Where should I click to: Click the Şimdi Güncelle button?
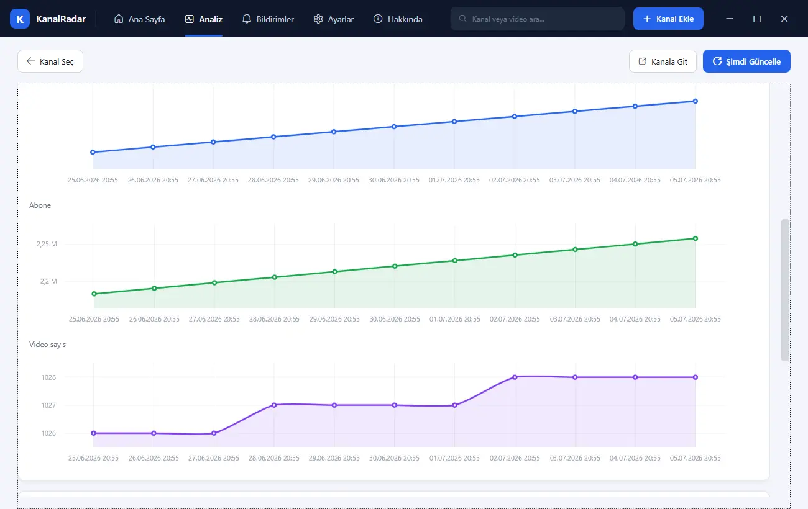[746, 61]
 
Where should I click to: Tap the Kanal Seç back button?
[50, 61]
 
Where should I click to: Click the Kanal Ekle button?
[668, 19]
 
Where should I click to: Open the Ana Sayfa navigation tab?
[140, 19]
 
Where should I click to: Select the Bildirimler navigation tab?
[268, 19]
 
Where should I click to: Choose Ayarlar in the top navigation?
[334, 19]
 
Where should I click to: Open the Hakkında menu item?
[398, 19]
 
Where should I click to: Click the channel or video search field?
[537, 19]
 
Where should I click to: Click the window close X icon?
[784, 19]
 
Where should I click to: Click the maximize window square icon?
[757, 19]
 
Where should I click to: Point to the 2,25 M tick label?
[47, 244]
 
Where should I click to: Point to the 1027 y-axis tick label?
[48, 405]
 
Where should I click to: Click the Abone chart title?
[40, 205]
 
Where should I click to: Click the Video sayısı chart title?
[48, 345]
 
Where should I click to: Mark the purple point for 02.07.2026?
[515, 377]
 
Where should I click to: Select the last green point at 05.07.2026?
[696, 238]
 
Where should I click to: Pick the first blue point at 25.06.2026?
[93, 152]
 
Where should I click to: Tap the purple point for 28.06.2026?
[274, 405]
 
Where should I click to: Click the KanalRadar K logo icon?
[20, 19]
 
